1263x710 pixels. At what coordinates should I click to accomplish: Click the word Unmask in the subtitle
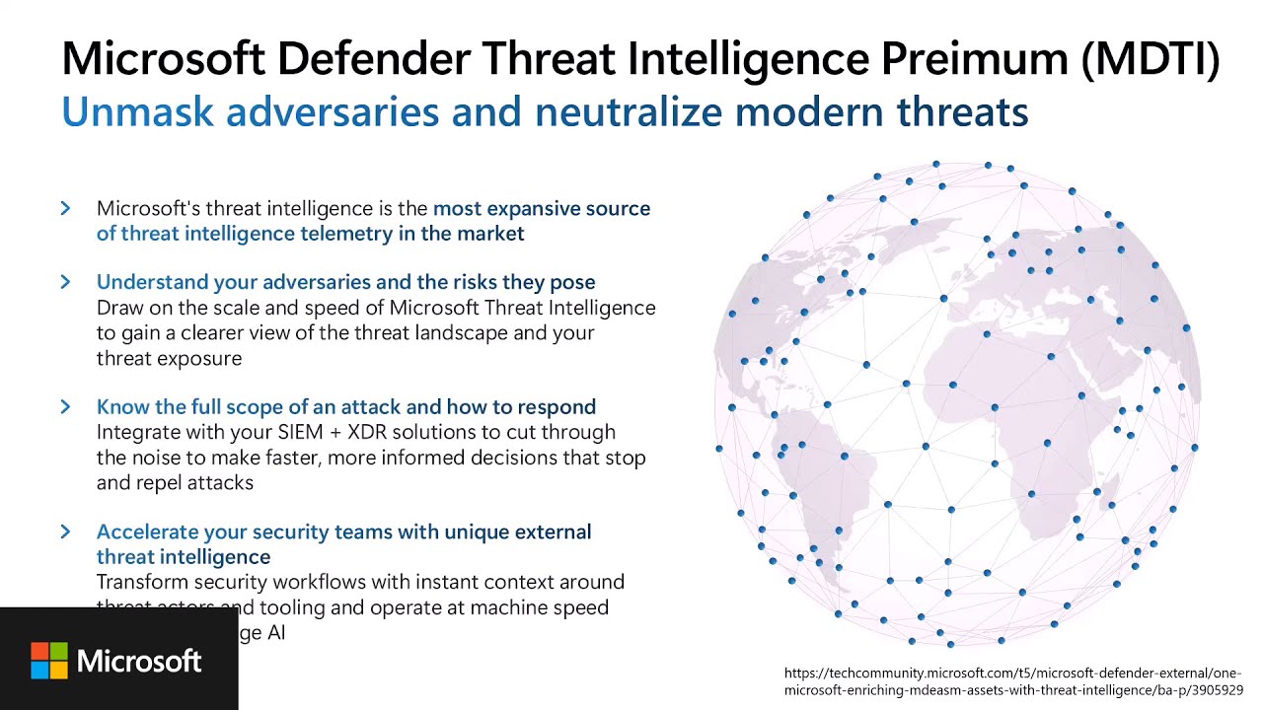137,111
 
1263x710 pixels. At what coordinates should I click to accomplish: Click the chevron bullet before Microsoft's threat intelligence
66,208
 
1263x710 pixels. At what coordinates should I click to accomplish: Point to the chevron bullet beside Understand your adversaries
66,282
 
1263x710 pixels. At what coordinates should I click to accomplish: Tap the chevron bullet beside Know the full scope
66,406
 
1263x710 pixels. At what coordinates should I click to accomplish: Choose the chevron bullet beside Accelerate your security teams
66,532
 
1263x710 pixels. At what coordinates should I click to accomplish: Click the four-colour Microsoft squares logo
48,661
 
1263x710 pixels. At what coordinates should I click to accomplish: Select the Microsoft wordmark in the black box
139,661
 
